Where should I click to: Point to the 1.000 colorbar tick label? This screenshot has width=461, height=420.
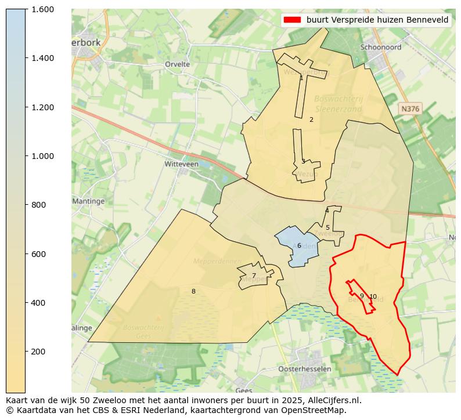42,156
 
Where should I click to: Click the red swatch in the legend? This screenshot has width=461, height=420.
292,20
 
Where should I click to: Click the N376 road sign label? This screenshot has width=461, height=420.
410,108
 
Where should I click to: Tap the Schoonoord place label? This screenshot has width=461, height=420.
380,48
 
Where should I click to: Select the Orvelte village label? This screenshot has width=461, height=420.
178,64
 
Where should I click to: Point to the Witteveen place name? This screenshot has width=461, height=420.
181,164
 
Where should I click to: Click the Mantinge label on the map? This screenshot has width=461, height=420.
88,201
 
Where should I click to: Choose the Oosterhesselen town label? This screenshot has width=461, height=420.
305,369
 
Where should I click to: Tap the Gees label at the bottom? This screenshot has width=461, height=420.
244,390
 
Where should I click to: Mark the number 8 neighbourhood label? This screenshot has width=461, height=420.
193,291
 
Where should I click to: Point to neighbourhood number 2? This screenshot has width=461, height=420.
311,120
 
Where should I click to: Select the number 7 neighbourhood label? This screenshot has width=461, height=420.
254,276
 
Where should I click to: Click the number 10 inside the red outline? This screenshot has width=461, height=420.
373,296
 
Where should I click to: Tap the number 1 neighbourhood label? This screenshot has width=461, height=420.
301,78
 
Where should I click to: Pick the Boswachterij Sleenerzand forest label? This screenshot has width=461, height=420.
338,104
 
